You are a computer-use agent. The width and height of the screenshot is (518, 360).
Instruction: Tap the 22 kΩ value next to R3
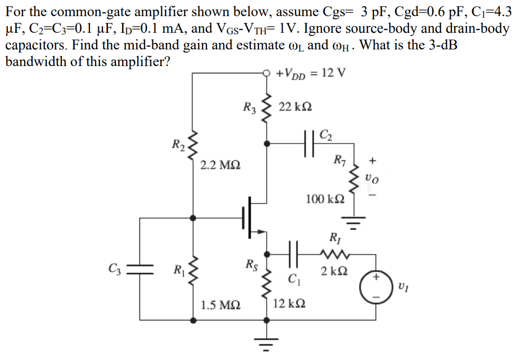tap(295, 107)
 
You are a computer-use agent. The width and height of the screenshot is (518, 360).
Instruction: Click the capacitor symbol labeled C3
tap(139, 269)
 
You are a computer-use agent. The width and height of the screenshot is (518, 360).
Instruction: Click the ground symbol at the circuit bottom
tap(267, 343)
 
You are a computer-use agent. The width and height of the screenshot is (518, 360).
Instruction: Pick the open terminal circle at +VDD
tap(267, 73)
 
